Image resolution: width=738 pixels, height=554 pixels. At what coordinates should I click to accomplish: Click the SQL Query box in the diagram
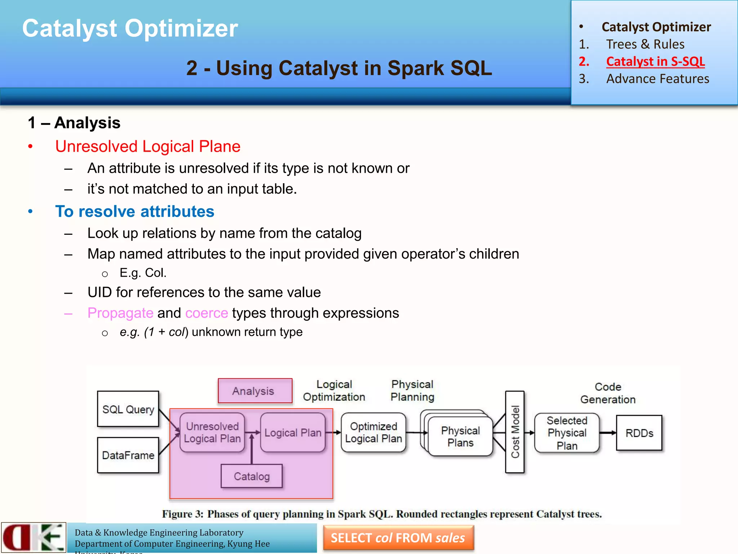pos(128,409)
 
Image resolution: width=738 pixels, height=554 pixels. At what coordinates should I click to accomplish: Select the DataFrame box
pos(128,455)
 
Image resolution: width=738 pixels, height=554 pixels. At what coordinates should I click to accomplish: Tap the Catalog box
pos(252,476)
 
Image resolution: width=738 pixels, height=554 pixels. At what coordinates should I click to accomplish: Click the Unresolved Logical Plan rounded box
pos(212,432)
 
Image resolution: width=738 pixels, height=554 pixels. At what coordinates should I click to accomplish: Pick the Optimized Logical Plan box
pos(373,432)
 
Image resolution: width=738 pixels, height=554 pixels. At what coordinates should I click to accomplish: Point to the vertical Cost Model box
pos(515,432)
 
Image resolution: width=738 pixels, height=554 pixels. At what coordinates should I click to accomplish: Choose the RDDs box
pos(639,433)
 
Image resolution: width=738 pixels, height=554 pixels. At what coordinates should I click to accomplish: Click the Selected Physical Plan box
pos(567,433)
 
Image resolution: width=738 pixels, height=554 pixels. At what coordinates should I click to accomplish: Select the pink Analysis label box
pos(255,391)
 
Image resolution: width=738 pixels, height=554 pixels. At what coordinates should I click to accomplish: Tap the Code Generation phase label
pos(608,393)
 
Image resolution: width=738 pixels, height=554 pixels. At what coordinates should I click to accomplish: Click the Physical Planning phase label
pos(412,391)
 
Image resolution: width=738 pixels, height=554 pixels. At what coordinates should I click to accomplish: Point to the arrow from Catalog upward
pos(252,449)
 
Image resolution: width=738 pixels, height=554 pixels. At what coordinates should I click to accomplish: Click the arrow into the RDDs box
pos(608,433)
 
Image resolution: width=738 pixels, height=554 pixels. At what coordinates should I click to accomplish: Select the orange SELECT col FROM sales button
pos(398,538)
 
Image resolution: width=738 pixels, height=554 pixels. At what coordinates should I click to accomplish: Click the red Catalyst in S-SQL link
pos(655,61)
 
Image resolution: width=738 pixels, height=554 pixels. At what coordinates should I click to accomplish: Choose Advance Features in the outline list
pos(658,79)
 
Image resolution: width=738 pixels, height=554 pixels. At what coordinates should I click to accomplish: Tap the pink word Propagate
pos(120,313)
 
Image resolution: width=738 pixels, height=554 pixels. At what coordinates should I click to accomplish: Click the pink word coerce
pos(206,313)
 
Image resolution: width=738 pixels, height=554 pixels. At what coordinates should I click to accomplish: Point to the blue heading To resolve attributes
pos(135,211)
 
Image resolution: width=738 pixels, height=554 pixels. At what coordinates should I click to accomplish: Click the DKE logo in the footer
pos(34,537)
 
